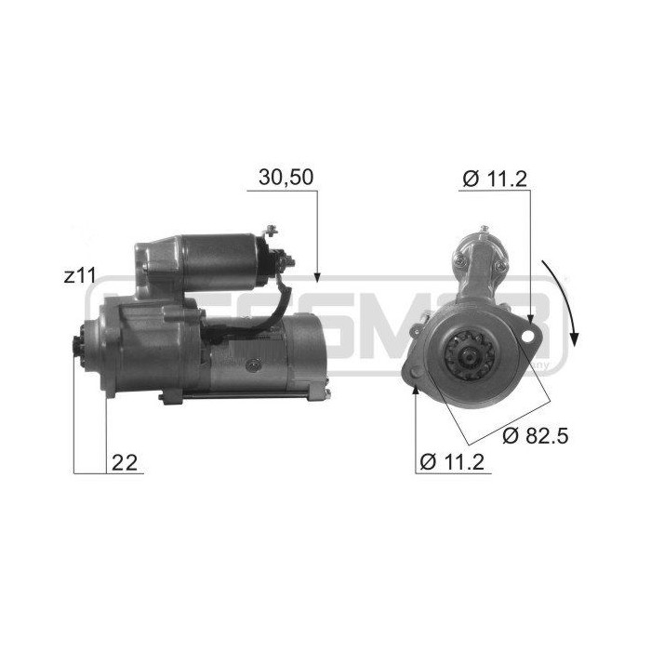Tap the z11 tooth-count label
coord(79,276)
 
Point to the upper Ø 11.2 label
coord(494,179)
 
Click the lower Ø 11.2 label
coord(455,462)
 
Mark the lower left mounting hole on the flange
coord(415,378)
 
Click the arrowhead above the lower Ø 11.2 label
coord(415,391)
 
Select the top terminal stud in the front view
coord(483,231)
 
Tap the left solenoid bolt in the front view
coord(459,265)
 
